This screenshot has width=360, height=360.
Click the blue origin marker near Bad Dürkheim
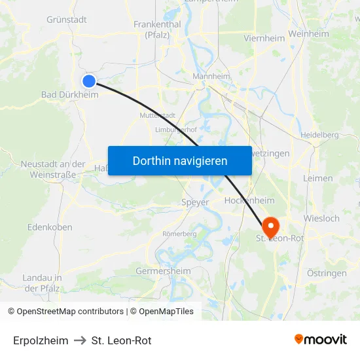89,81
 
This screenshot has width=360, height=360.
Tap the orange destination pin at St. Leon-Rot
269,227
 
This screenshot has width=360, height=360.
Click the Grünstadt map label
67,20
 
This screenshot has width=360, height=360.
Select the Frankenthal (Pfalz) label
152,29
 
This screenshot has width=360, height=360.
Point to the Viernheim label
264,38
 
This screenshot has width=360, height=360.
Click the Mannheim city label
211,77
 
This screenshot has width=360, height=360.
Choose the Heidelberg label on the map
319,135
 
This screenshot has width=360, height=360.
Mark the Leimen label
318,178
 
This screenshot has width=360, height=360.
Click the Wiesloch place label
321,218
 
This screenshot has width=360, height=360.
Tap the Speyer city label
195,203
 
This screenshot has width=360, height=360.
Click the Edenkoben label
50,227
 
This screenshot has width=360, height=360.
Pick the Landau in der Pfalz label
42,283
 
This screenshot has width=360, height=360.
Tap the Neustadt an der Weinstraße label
53,170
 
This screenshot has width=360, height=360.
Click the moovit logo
321,340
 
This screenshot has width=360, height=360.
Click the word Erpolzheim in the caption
41,340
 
